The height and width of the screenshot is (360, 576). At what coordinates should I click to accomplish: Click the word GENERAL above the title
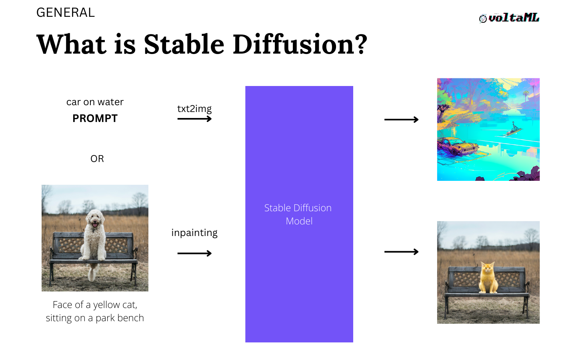tap(66, 13)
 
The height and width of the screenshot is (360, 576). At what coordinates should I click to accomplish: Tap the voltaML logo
tap(509, 18)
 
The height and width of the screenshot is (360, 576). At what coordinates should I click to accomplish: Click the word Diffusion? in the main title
tap(300, 44)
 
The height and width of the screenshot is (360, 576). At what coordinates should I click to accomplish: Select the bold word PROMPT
tap(95, 118)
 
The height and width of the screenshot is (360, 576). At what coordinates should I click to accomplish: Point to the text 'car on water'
tap(95, 102)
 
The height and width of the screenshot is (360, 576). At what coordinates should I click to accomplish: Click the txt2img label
tap(194, 109)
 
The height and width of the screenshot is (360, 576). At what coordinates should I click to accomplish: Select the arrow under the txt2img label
tap(194, 119)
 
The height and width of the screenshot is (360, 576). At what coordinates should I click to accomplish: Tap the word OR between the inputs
tap(97, 159)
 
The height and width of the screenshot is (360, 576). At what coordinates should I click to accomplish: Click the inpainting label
tap(194, 233)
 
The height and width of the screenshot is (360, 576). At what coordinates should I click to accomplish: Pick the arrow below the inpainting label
tap(194, 253)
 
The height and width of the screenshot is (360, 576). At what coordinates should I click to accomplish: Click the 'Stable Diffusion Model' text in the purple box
tap(298, 214)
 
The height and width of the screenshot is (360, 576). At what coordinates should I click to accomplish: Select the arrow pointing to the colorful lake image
tap(402, 120)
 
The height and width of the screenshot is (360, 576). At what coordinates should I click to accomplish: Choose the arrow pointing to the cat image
tap(402, 252)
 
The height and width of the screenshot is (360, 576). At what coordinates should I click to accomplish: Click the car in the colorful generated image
tap(458, 146)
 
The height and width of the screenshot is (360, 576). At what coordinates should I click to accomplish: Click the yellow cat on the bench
tap(488, 278)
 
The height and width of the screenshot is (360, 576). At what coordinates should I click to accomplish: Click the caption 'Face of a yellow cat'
tap(95, 305)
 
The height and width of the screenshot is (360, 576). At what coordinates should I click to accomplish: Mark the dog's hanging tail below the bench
tap(92, 272)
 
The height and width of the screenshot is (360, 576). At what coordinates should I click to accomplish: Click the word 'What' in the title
tap(72, 44)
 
